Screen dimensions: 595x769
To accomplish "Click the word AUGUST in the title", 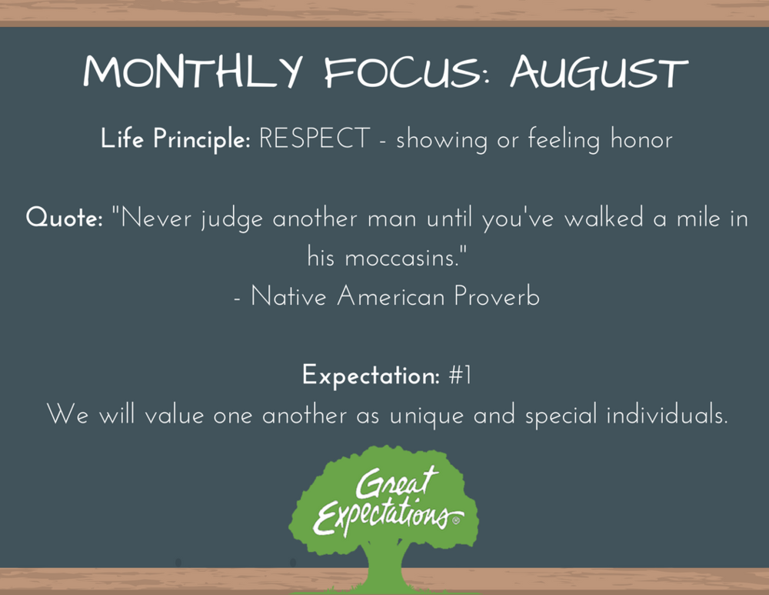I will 598,73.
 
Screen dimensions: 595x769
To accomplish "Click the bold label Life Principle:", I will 175,139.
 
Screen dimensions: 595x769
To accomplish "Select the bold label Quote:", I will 64,218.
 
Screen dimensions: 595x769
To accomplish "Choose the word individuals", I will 666,416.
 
